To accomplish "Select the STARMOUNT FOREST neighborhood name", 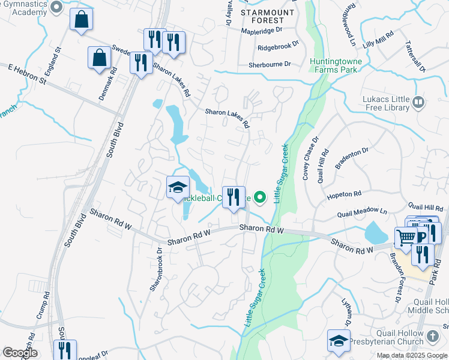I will (268, 17).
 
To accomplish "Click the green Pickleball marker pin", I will (260, 196).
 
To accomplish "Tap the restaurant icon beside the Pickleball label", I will (234, 197).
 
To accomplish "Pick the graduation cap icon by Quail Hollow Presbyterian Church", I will (339, 341).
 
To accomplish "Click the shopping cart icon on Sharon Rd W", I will (406, 238).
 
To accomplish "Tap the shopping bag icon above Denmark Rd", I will (99, 58).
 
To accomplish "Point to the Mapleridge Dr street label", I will (261, 29).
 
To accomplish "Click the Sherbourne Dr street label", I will (270, 64).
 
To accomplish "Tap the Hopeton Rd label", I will (344, 194).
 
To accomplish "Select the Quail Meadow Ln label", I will (362, 211).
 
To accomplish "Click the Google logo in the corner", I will (20, 353).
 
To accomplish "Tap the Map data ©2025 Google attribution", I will (411, 355).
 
